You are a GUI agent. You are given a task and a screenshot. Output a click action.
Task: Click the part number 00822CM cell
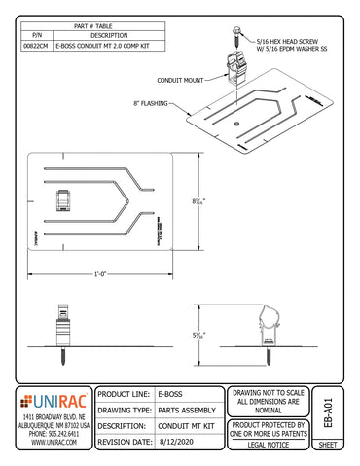[35, 46]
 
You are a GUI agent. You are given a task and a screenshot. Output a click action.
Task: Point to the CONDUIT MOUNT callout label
[179, 81]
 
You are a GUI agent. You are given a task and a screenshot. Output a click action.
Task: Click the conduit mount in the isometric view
[234, 68]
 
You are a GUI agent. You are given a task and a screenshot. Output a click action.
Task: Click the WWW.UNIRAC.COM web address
[54, 442]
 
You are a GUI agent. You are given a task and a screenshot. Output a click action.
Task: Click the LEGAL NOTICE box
[269, 443]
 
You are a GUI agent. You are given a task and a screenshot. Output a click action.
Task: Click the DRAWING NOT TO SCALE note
[269, 400]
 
